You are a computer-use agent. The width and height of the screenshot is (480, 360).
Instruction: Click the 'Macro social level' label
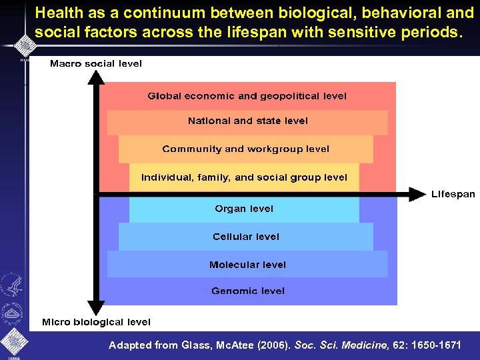click(x=96, y=64)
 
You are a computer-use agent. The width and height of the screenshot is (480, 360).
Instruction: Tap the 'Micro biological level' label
click(x=96, y=322)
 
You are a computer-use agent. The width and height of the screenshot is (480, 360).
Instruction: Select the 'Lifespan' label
click(x=453, y=195)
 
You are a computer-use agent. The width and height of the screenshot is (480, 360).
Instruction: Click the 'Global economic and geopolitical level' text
click(x=247, y=96)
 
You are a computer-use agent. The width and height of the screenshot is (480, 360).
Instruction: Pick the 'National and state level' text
click(x=247, y=121)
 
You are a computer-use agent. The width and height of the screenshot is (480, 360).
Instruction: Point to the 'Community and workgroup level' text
click(x=245, y=149)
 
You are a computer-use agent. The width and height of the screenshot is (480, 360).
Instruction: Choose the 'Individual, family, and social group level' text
click(x=244, y=177)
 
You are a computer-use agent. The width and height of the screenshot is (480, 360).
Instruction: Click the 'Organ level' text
click(x=244, y=209)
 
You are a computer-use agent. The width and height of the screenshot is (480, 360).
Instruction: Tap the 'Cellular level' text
click(x=246, y=237)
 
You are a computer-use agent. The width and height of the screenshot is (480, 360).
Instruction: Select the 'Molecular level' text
click(x=247, y=265)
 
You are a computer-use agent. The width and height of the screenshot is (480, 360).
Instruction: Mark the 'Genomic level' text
click(x=247, y=291)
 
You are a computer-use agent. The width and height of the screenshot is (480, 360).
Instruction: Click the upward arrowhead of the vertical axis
click(x=97, y=77)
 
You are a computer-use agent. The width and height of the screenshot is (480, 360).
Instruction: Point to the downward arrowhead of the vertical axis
click(x=97, y=308)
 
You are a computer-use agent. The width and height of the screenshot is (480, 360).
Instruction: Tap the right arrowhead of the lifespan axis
click(x=417, y=195)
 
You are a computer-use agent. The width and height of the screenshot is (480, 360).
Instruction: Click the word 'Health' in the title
click(x=58, y=13)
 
